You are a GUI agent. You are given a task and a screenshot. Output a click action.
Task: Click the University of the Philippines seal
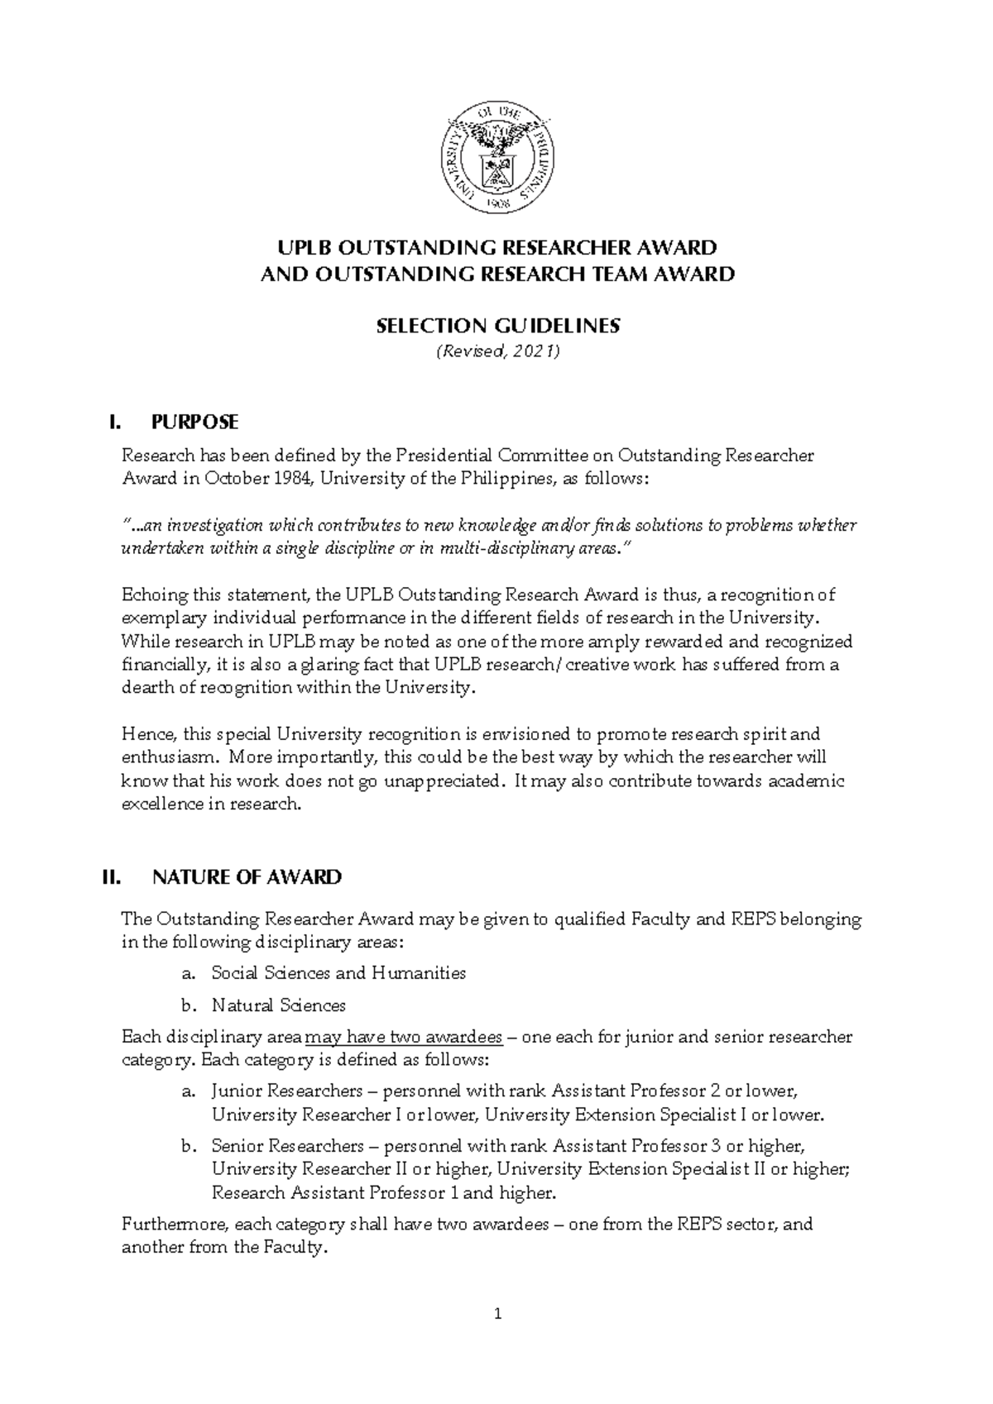point(497,157)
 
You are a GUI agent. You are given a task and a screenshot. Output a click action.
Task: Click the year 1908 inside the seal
point(497,200)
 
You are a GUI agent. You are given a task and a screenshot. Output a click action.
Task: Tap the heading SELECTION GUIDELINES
point(497,326)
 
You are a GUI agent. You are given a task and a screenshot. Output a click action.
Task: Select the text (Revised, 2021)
point(497,352)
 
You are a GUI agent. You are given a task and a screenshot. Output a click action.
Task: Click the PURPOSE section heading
point(195,423)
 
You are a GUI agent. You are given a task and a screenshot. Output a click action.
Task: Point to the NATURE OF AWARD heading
point(247,877)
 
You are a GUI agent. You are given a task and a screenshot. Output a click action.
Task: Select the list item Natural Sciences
point(278,1005)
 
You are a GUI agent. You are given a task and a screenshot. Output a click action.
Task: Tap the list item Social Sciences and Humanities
point(338,973)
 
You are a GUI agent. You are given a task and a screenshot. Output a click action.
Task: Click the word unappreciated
point(434,781)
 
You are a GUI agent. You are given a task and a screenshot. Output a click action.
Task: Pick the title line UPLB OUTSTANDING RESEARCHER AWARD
point(497,247)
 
